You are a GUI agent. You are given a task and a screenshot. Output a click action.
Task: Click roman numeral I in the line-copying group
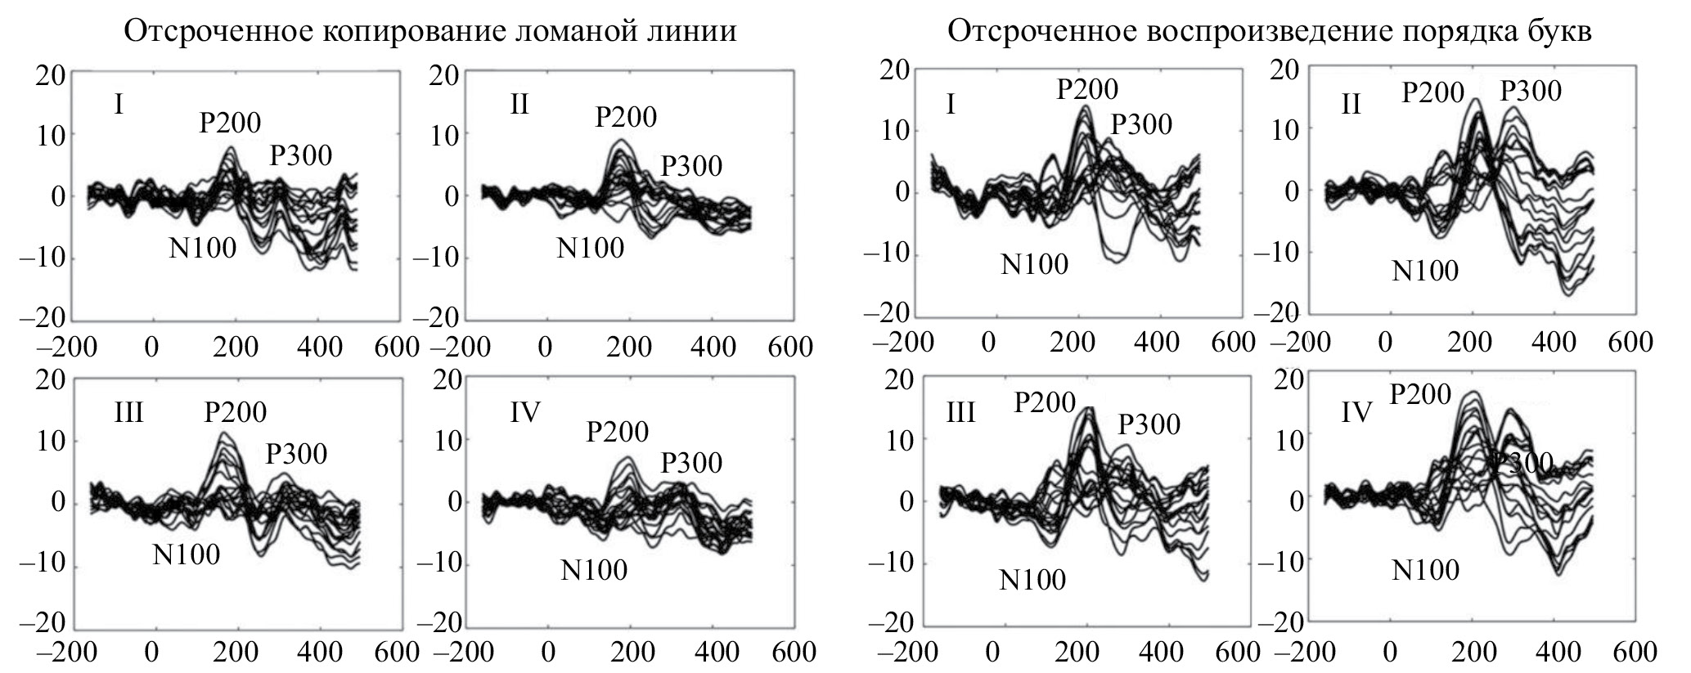click(119, 105)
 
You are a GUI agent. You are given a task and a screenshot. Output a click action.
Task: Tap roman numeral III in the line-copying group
click(129, 413)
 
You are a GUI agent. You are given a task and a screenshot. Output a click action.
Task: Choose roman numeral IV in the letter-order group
click(1356, 413)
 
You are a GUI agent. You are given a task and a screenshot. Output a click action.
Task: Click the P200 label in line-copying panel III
click(236, 412)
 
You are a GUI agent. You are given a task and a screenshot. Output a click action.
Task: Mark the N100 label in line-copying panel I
click(203, 248)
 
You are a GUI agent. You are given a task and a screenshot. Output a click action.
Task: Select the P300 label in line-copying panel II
click(691, 166)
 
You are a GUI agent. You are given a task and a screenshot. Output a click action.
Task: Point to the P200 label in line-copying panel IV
click(618, 432)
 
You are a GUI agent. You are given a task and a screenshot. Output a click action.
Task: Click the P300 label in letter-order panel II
click(1531, 91)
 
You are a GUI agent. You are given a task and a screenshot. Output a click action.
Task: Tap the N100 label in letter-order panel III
click(1032, 580)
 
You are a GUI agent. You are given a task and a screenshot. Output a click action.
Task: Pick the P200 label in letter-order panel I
click(1087, 89)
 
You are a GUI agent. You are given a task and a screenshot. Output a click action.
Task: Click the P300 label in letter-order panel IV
click(1520, 464)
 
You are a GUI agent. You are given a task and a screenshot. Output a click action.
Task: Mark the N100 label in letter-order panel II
click(1425, 271)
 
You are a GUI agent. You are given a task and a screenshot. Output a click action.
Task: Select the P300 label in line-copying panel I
click(301, 155)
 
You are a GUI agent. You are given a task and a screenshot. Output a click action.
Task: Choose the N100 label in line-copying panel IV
click(594, 569)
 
